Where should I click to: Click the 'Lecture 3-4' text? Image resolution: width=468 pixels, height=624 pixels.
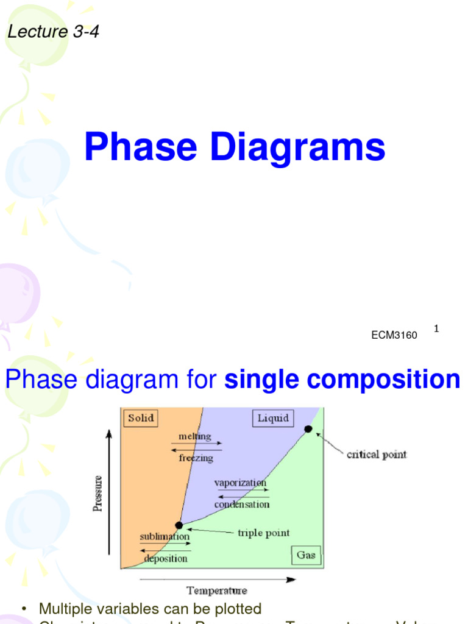pos(53,32)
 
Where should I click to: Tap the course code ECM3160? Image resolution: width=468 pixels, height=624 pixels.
pos(394,335)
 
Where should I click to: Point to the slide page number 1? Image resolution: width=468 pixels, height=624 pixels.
pos(436,329)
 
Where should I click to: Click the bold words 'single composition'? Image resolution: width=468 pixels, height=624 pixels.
pos(342,380)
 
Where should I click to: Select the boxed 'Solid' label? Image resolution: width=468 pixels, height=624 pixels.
pos(141,419)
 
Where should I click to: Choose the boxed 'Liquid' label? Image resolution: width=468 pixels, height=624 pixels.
pos(272,419)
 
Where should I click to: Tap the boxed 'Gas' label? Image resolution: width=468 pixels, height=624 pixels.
pos(306,555)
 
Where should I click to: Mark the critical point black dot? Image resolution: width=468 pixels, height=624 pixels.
pos(308,429)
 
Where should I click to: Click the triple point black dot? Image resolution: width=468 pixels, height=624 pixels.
pos(179,525)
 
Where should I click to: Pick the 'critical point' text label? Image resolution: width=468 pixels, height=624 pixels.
pos(376,455)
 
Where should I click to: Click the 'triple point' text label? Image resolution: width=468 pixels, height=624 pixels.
pos(263,533)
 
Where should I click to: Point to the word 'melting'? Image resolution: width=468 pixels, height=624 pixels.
pos(195,436)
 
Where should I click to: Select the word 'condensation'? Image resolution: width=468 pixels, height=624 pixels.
pos(241,504)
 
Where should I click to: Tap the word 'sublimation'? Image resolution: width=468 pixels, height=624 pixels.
pos(165,536)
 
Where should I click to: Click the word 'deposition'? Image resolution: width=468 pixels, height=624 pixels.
pos(166,558)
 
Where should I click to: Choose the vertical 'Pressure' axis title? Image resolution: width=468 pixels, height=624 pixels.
pos(97,493)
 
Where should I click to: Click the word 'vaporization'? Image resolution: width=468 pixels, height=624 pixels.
pos(240,482)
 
